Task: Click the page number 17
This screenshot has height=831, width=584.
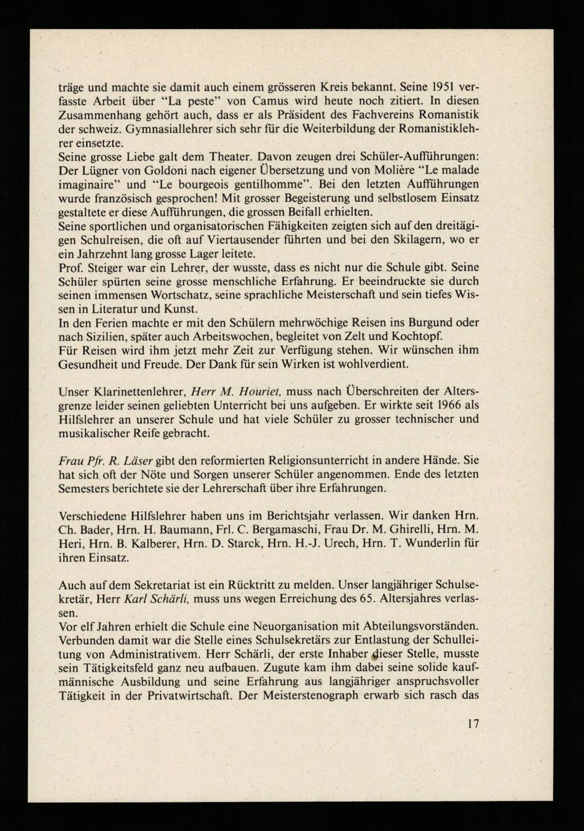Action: point(473,723)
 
